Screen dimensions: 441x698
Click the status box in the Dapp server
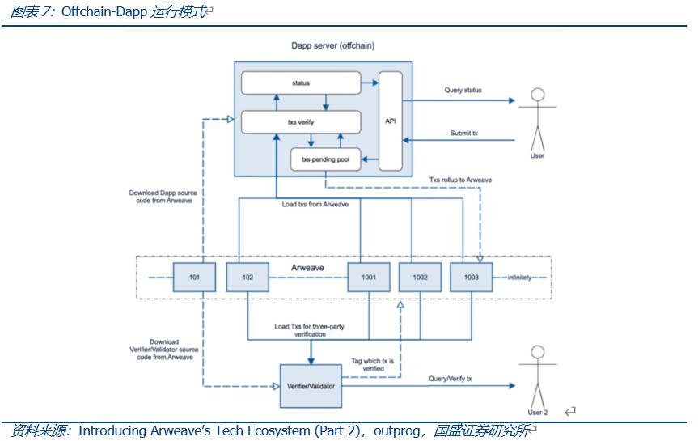301,83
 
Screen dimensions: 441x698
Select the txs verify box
301,122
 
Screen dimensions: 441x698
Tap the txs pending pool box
325,159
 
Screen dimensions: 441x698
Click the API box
391,121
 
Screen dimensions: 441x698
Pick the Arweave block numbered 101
194,277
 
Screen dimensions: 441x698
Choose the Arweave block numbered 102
247,277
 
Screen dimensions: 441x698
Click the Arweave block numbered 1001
369,277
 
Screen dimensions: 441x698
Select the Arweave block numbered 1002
420,277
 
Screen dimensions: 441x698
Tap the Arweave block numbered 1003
471,277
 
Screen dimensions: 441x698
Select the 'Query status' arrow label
463,91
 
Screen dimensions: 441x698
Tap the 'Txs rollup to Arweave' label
460,180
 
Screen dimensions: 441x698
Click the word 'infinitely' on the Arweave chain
519,277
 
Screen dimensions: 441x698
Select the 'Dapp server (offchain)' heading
332,46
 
